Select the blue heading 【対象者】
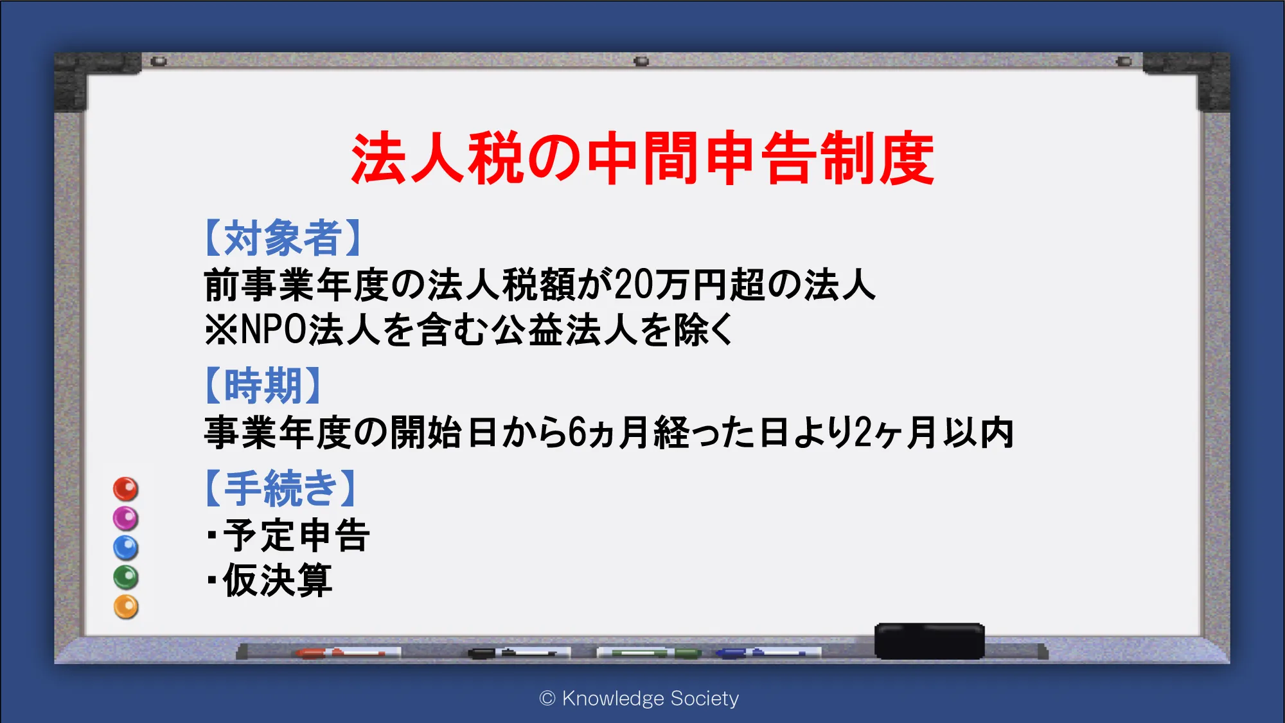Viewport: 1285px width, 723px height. (x=283, y=238)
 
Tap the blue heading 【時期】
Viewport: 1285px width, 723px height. (x=263, y=386)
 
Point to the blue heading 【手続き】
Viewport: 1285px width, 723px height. (x=280, y=488)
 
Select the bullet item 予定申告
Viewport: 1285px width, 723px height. (x=296, y=535)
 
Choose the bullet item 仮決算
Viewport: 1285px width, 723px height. (x=278, y=580)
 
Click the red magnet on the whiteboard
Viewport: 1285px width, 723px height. (x=126, y=489)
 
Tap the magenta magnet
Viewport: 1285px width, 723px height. (x=126, y=519)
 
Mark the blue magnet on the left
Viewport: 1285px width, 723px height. (x=126, y=548)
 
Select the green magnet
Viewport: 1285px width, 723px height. (x=126, y=578)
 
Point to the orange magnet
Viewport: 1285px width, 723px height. (x=126, y=607)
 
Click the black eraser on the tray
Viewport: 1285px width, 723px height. (x=930, y=641)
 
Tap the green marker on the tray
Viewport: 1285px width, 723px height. (x=649, y=654)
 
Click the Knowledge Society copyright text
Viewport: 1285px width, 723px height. (x=639, y=698)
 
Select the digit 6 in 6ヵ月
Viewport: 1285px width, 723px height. (x=578, y=432)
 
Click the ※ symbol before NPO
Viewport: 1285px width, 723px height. (x=221, y=330)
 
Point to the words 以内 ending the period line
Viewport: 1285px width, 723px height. (x=979, y=432)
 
